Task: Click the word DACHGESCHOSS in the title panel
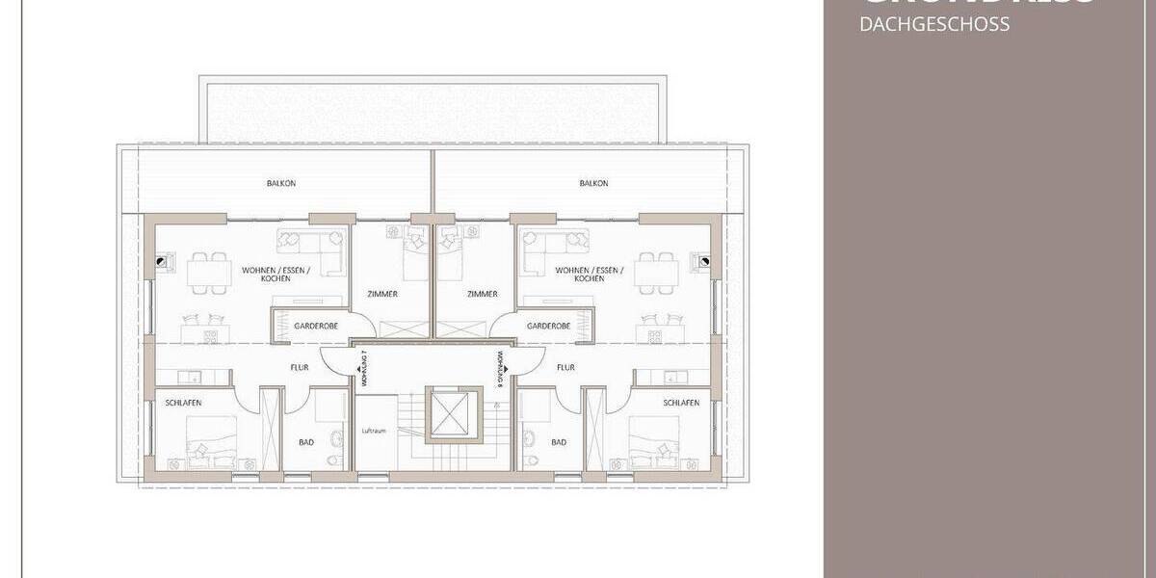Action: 934,25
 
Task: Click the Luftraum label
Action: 374,431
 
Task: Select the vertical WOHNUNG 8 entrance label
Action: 501,369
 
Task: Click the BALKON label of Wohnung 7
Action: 280,183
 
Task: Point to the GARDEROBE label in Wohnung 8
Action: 549,327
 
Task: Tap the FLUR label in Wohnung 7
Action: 299,367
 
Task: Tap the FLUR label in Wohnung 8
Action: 565,367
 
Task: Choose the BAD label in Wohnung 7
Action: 306,442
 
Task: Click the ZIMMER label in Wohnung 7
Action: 383,294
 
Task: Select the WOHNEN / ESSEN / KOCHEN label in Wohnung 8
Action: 589,274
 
